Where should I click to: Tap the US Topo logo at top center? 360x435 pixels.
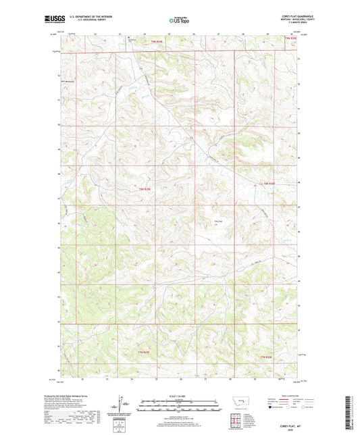pos(180,21)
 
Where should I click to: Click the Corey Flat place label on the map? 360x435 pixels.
pos(217,221)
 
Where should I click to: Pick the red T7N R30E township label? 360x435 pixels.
pos(267,355)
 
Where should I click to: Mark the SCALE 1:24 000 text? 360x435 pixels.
pos(180,396)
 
